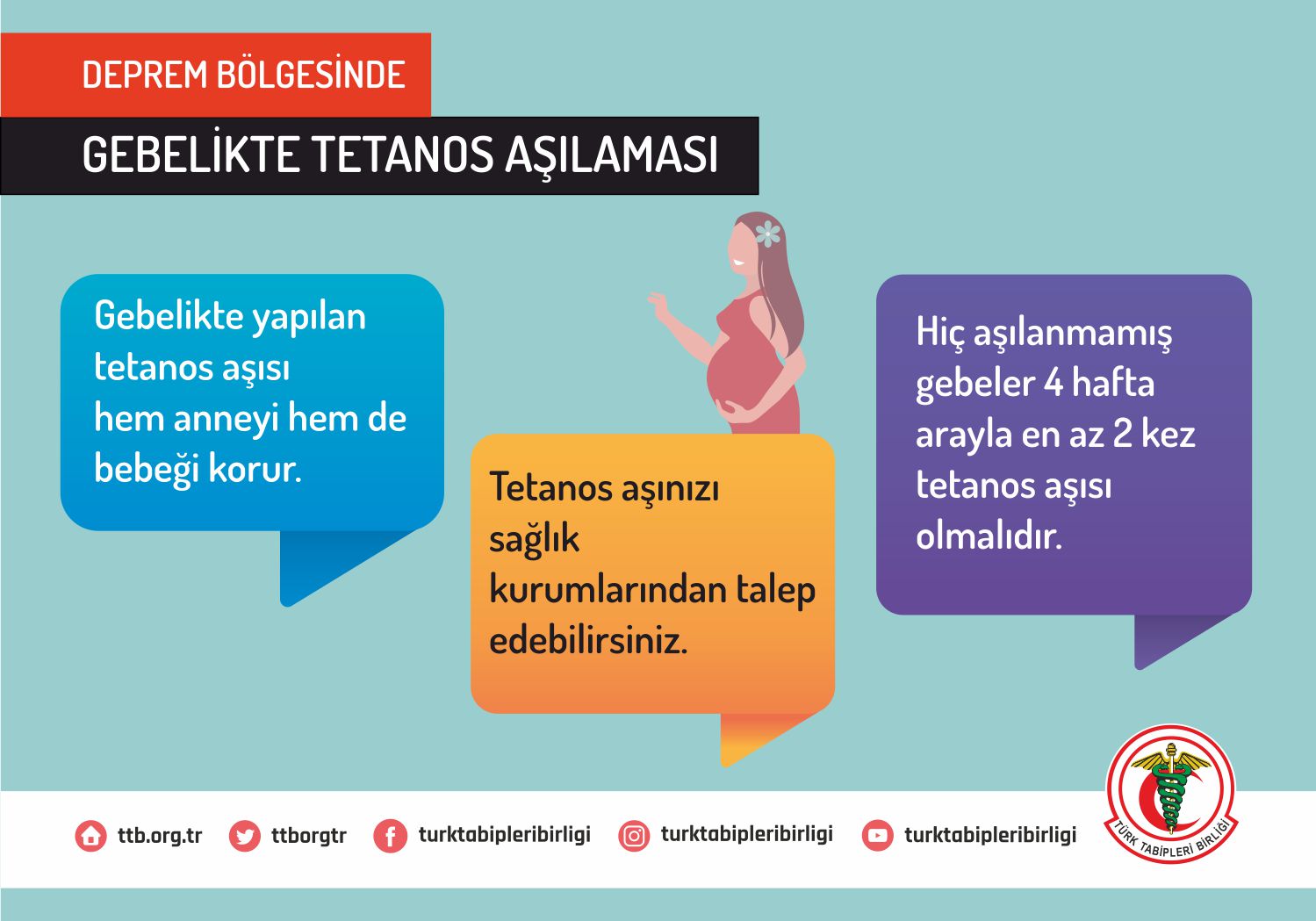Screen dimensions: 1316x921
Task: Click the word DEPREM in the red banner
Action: (x=145, y=75)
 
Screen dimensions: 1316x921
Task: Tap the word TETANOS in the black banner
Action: (x=401, y=155)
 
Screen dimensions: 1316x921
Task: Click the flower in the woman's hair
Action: (x=768, y=234)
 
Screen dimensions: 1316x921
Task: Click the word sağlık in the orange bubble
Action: (x=534, y=538)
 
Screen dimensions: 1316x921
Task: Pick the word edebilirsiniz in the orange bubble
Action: (x=588, y=640)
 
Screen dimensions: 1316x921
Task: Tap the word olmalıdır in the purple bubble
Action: (x=989, y=535)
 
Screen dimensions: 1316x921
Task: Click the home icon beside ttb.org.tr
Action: (x=91, y=835)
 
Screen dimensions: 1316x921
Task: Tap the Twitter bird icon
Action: (x=244, y=835)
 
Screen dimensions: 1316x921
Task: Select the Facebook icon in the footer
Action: (x=390, y=835)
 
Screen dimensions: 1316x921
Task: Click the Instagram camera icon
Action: (x=634, y=835)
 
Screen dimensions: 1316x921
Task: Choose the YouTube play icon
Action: (x=878, y=835)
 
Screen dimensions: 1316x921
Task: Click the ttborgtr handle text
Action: (x=309, y=836)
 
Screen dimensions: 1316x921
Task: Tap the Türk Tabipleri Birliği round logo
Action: (x=1171, y=794)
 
